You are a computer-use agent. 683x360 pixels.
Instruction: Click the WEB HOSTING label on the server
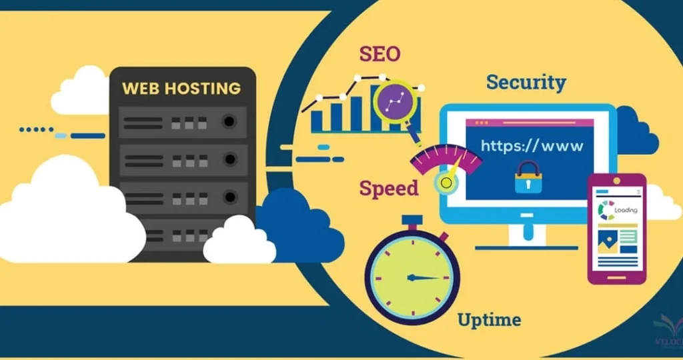181,87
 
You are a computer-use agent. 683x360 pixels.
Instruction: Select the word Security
526,82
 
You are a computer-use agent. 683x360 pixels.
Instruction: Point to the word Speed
389,188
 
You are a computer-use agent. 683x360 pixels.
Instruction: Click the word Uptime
489,319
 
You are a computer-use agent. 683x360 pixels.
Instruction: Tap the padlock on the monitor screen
528,177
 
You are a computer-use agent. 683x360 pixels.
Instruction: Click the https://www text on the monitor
532,145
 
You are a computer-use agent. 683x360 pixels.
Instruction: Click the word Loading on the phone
626,210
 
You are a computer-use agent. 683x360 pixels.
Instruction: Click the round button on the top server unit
230,122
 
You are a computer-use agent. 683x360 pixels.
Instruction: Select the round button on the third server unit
230,197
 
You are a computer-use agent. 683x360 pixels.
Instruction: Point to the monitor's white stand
527,235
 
